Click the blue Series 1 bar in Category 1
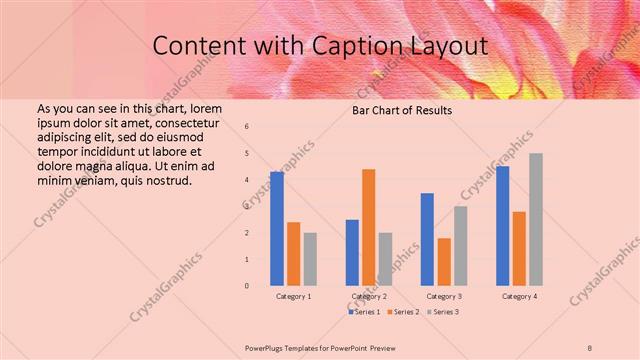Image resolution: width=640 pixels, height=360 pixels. pos(277,229)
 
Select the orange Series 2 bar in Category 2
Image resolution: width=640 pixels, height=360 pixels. pos(368,227)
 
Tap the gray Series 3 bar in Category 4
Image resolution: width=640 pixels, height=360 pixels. pos(536,219)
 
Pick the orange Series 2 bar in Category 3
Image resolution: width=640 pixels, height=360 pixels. pos(444,262)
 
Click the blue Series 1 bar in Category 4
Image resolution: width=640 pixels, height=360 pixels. pos(502,226)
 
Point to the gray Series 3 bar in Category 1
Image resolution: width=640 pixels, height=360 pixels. pos(310,259)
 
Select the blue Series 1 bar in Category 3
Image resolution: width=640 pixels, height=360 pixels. pos(427,239)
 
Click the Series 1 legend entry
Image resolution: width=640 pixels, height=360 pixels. pos(365,312)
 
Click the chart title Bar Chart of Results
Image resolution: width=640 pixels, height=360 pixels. pos(402,110)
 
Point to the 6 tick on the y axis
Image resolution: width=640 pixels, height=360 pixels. pos(247,127)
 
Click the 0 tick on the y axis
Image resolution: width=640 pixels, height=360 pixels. pos(247,286)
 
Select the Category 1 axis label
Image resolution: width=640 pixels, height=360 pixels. pos(293,297)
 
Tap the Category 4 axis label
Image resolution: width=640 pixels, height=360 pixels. pos(519,297)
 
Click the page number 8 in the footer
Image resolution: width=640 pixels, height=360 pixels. pos(590,347)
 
